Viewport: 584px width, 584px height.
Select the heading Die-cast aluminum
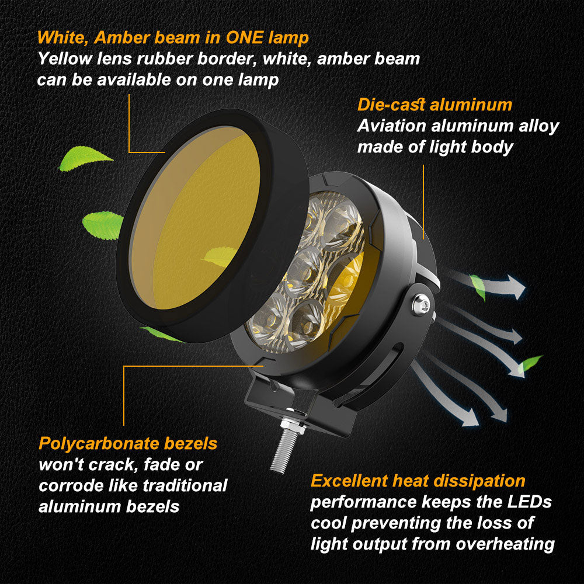pyautogui.click(x=434, y=105)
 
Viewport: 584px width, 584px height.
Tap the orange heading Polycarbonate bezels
pyautogui.click(x=128, y=443)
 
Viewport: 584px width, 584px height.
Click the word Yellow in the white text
pyautogui.click(x=65, y=59)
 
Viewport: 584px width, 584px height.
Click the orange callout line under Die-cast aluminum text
pyautogui.click(x=423, y=201)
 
